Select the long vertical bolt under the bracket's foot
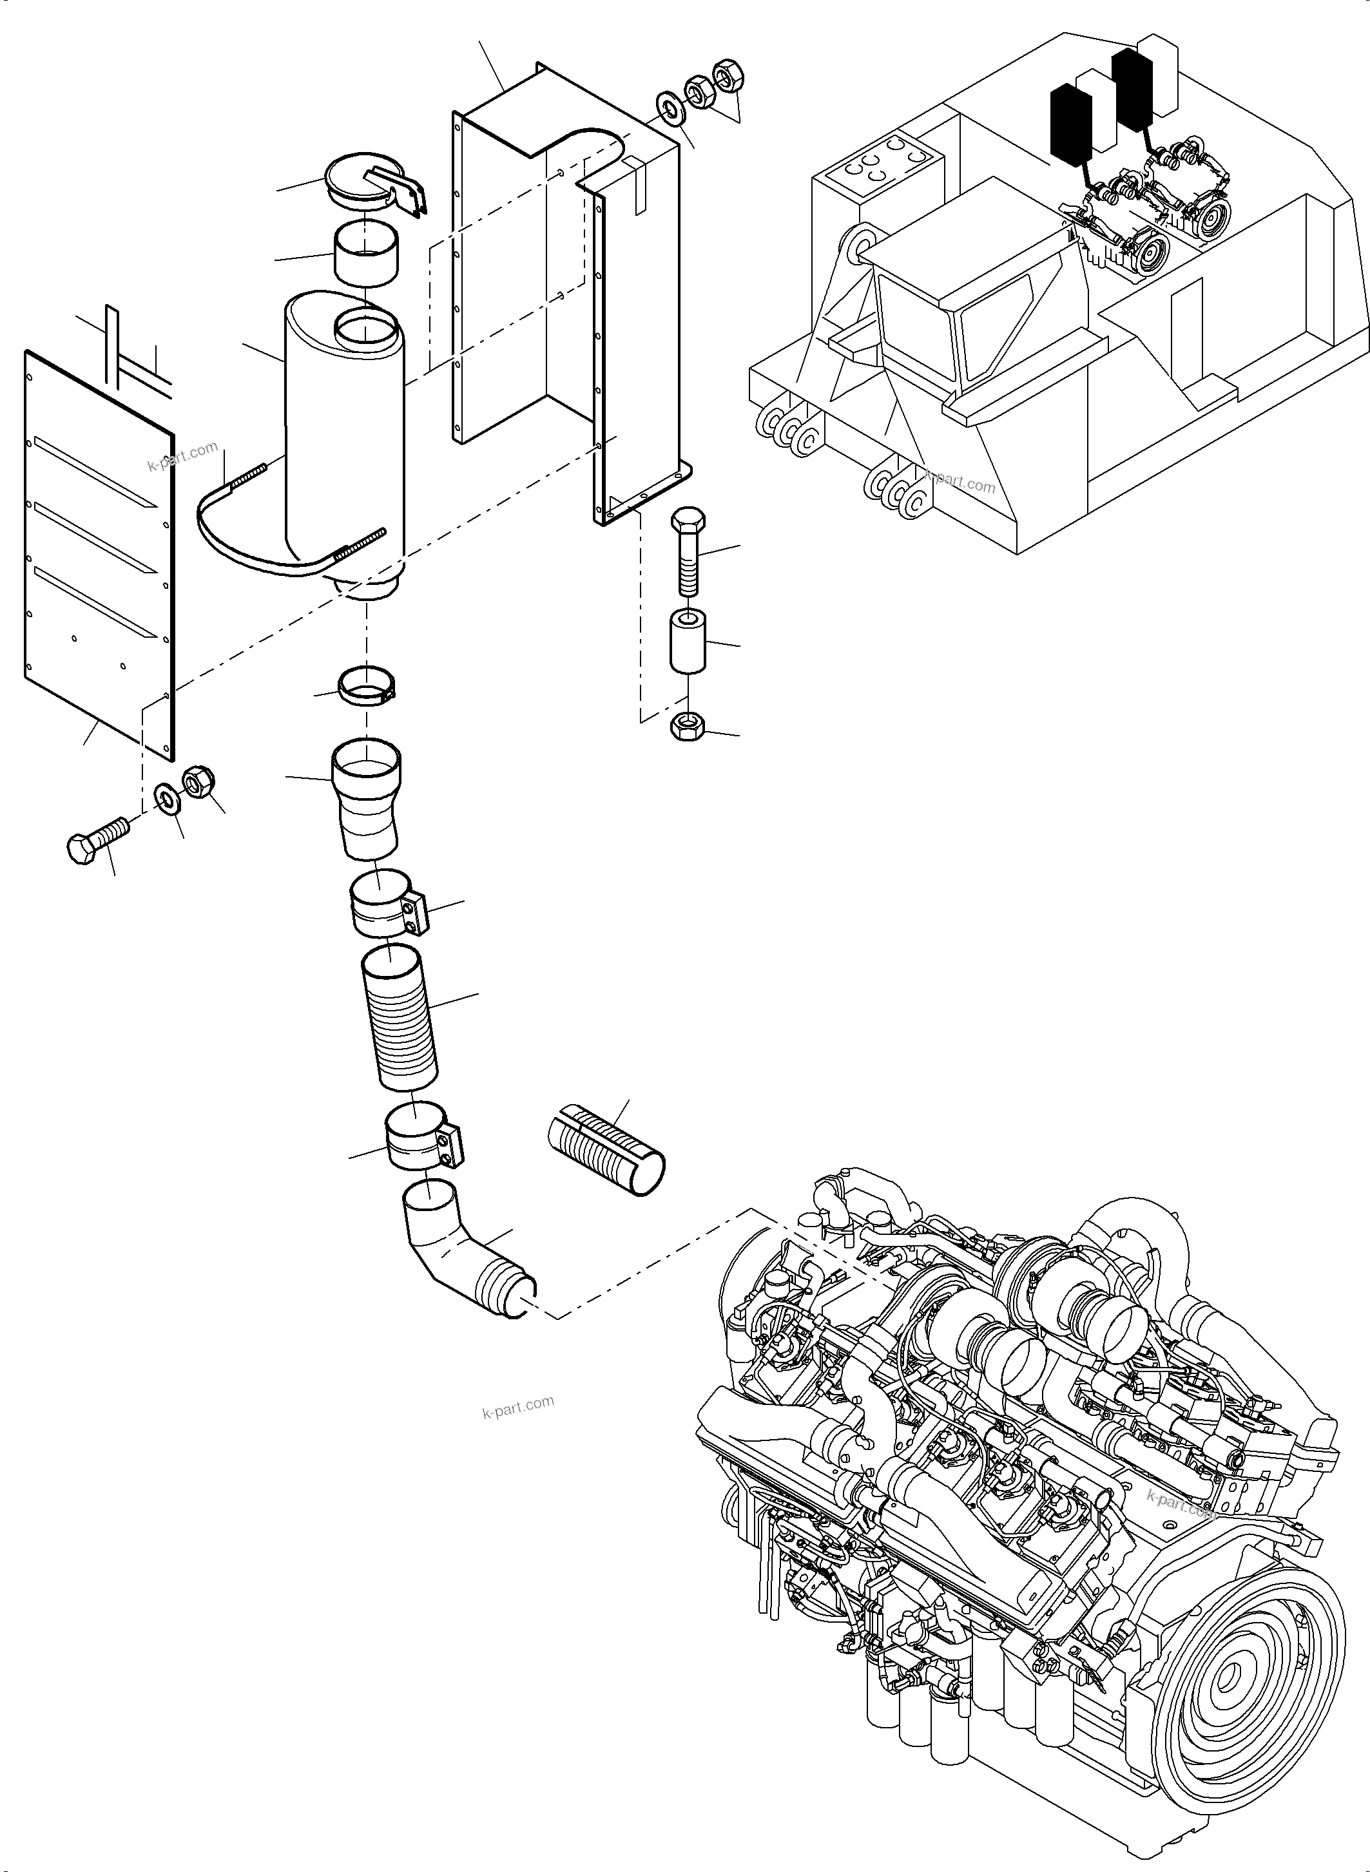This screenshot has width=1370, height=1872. tap(688, 551)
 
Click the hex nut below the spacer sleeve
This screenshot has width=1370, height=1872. tap(687, 728)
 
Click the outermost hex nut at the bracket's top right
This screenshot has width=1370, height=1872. tap(728, 75)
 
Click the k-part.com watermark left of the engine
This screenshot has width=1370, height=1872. tap(517, 1407)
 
